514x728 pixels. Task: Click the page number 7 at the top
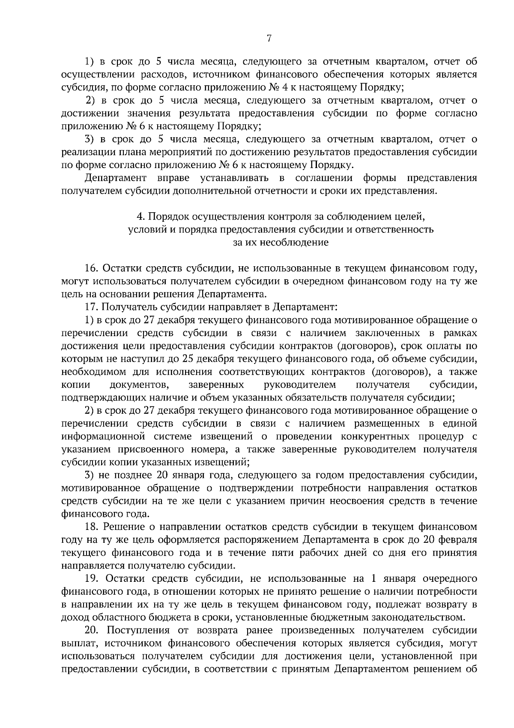click(x=269, y=39)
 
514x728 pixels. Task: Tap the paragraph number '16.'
click(x=92, y=269)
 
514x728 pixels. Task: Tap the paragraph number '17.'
click(x=92, y=307)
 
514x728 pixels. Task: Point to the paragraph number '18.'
click(x=92, y=526)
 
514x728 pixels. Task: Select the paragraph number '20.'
click(x=92, y=630)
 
